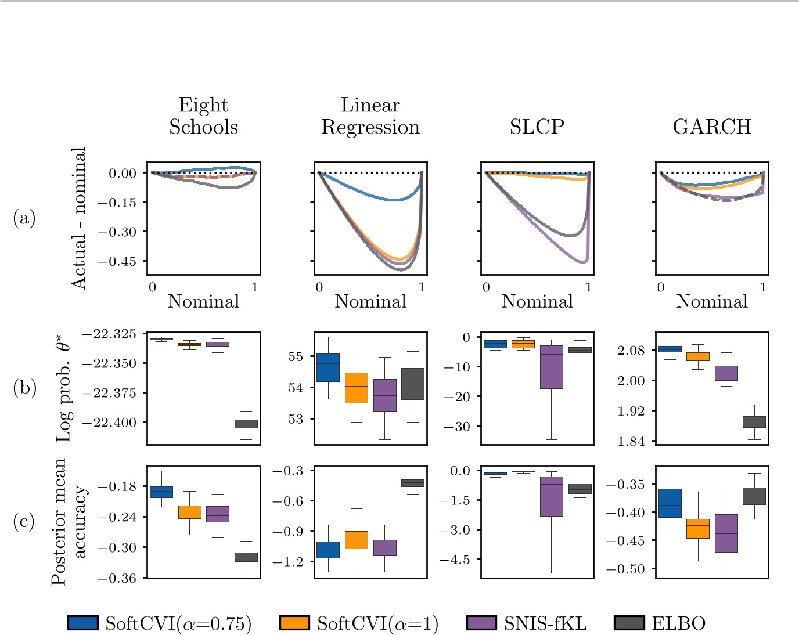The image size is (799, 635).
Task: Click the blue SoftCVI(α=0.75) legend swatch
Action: [x=82, y=623]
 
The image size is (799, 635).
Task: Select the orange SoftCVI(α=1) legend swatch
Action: [x=294, y=623]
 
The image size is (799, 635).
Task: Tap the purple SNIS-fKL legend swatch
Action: [x=481, y=623]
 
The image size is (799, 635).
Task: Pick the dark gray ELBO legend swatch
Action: [x=629, y=623]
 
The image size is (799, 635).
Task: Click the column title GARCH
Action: [x=712, y=127]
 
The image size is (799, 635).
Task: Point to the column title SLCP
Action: [x=537, y=127]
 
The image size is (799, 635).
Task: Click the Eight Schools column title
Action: [x=203, y=116]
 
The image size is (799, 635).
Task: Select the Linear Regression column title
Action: [x=370, y=116]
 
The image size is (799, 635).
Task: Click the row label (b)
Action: [x=24, y=387]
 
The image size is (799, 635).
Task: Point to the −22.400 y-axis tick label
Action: [x=110, y=423]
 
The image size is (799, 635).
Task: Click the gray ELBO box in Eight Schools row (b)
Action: [x=246, y=424]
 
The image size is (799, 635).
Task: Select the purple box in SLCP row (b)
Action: [x=552, y=367]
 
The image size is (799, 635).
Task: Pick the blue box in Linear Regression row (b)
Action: [x=328, y=367]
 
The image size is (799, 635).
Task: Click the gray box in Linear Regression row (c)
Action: [x=413, y=483]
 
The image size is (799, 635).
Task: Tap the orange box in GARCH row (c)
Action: [x=698, y=529]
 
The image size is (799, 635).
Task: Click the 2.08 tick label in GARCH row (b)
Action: [x=631, y=350]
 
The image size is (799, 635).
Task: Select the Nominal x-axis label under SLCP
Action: [x=537, y=301]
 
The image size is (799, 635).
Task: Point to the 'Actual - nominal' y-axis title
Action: [x=78, y=218]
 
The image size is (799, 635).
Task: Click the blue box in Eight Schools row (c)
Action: [x=161, y=492]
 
